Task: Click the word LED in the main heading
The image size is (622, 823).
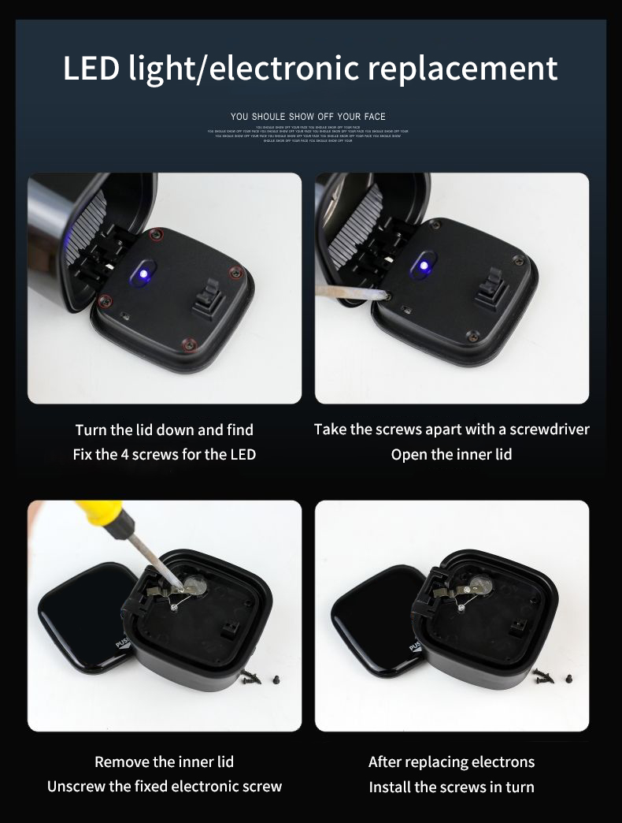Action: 92,69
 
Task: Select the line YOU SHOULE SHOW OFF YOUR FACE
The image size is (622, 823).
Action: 308,117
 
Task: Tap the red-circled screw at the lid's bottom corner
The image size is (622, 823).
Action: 188,344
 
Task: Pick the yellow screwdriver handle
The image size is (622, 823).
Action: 101,513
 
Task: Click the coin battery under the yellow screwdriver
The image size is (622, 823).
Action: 194,585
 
